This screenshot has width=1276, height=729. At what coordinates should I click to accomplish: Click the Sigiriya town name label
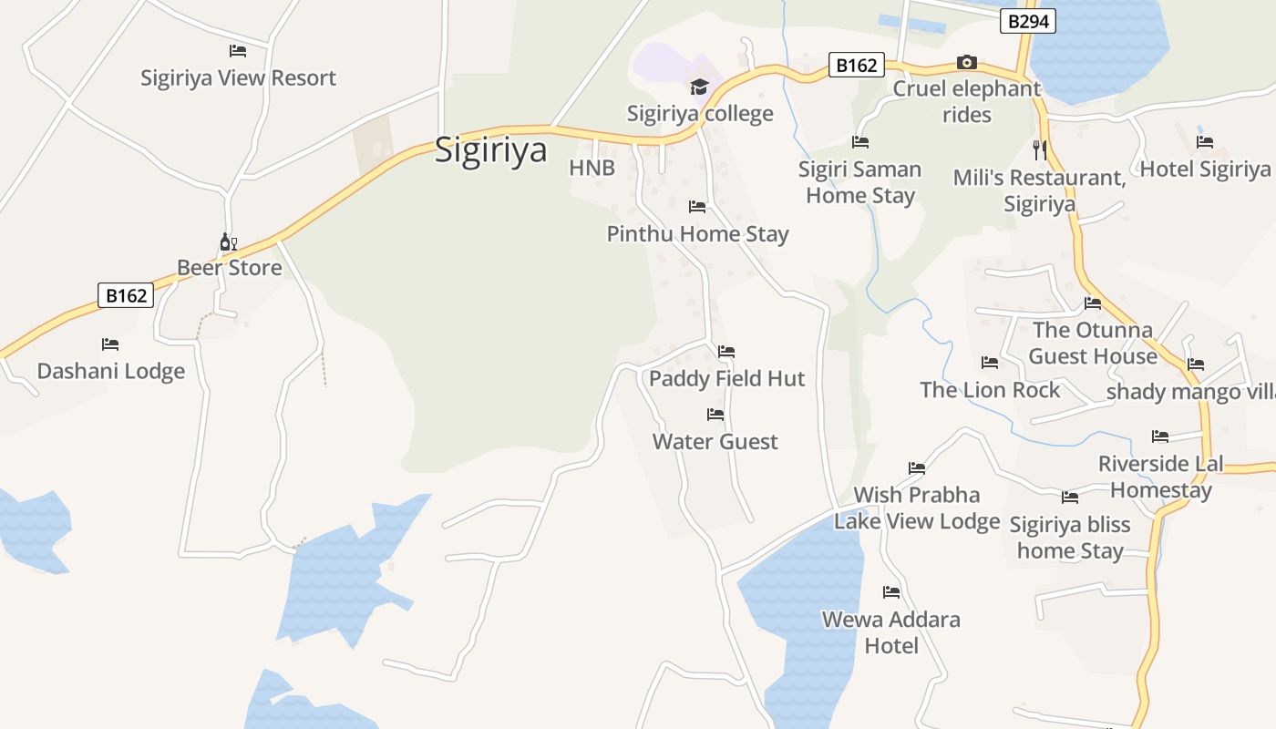click(x=490, y=149)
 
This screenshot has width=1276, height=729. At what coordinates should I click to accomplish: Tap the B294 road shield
click(x=1027, y=21)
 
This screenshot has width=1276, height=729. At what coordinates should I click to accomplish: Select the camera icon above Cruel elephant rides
click(x=967, y=63)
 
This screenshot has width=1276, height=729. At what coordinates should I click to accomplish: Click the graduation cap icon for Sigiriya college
click(x=699, y=87)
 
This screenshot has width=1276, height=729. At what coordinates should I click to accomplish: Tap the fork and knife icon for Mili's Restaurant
click(x=1040, y=149)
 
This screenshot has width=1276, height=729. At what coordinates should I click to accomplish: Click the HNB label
click(x=592, y=168)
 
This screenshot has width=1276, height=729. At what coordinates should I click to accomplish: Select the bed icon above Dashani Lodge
click(x=110, y=344)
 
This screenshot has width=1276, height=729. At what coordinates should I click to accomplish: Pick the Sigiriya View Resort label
click(x=238, y=78)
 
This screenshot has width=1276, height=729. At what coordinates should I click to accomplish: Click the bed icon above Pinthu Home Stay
click(x=697, y=207)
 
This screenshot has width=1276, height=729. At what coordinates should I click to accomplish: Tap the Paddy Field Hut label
click(x=726, y=378)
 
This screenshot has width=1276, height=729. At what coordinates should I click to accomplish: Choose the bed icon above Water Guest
click(x=715, y=415)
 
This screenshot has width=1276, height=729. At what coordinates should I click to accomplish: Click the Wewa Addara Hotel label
click(x=890, y=632)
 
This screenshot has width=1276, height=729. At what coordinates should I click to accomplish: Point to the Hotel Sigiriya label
click(x=1205, y=169)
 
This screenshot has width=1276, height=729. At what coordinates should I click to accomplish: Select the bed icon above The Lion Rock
click(x=990, y=363)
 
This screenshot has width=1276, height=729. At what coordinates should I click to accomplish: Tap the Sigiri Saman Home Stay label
click(x=859, y=182)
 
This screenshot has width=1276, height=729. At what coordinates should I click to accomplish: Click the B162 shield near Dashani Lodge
click(x=126, y=295)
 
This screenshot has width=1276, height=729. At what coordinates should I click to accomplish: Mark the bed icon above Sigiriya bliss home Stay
click(x=1070, y=498)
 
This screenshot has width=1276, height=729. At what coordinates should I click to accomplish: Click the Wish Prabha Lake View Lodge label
click(x=917, y=508)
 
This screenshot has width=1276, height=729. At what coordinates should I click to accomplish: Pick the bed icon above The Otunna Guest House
click(x=1093, y=303)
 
